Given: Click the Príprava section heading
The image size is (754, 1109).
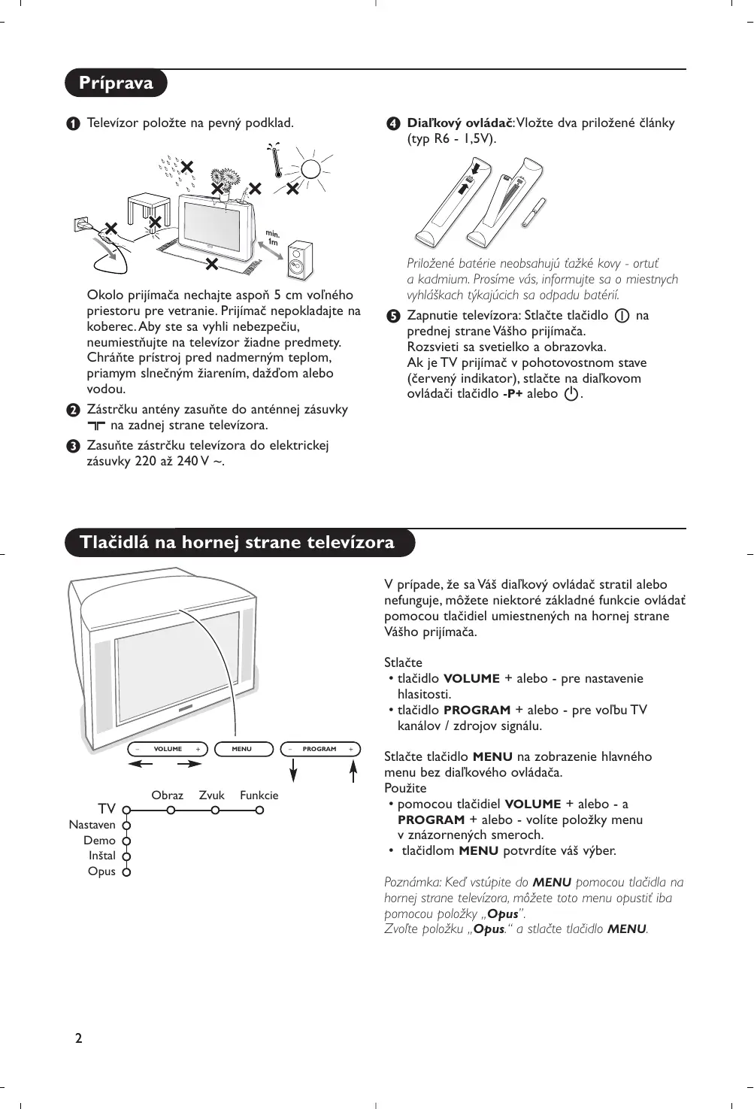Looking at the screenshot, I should (116, 83).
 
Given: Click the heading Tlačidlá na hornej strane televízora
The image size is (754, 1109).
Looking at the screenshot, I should (237, 542).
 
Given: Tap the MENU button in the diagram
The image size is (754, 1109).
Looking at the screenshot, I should (243, 749).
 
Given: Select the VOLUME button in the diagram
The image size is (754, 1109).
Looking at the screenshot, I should (168, 749).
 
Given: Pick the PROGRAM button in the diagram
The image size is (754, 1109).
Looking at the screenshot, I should (320, 749).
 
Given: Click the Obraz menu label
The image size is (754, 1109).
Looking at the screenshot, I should (167, 795).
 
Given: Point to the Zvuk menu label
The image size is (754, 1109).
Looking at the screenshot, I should (212, 795).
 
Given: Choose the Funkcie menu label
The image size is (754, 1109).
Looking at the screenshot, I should (259, 795).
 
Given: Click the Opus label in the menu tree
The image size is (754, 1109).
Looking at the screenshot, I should (101, 871).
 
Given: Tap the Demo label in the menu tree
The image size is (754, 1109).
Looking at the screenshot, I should (99, 841).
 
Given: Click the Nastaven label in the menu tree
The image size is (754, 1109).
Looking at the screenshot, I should (92, 825).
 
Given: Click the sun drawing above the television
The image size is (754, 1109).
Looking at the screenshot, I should (311, 168).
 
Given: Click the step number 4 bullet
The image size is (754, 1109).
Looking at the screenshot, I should (393, 123).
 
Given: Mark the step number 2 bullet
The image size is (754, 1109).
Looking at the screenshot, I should (73, 410).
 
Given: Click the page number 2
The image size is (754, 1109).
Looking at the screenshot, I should (78, 1038).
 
